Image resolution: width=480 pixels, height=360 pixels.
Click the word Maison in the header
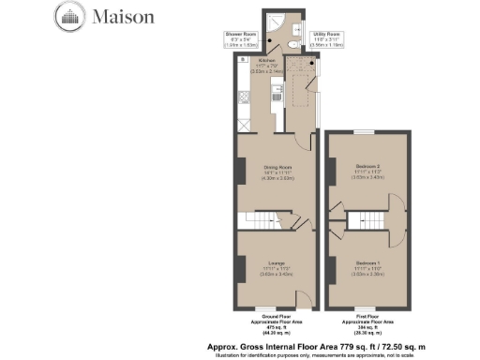[x=117, y=16]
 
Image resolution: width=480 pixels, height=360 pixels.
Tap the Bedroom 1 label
[x=367, y=264]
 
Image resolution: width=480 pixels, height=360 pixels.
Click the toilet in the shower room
[x=292, y=43]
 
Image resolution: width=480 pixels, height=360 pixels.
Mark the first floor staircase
[x=366, y=219]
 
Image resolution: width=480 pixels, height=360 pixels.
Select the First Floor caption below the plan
[x=367, y=322]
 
